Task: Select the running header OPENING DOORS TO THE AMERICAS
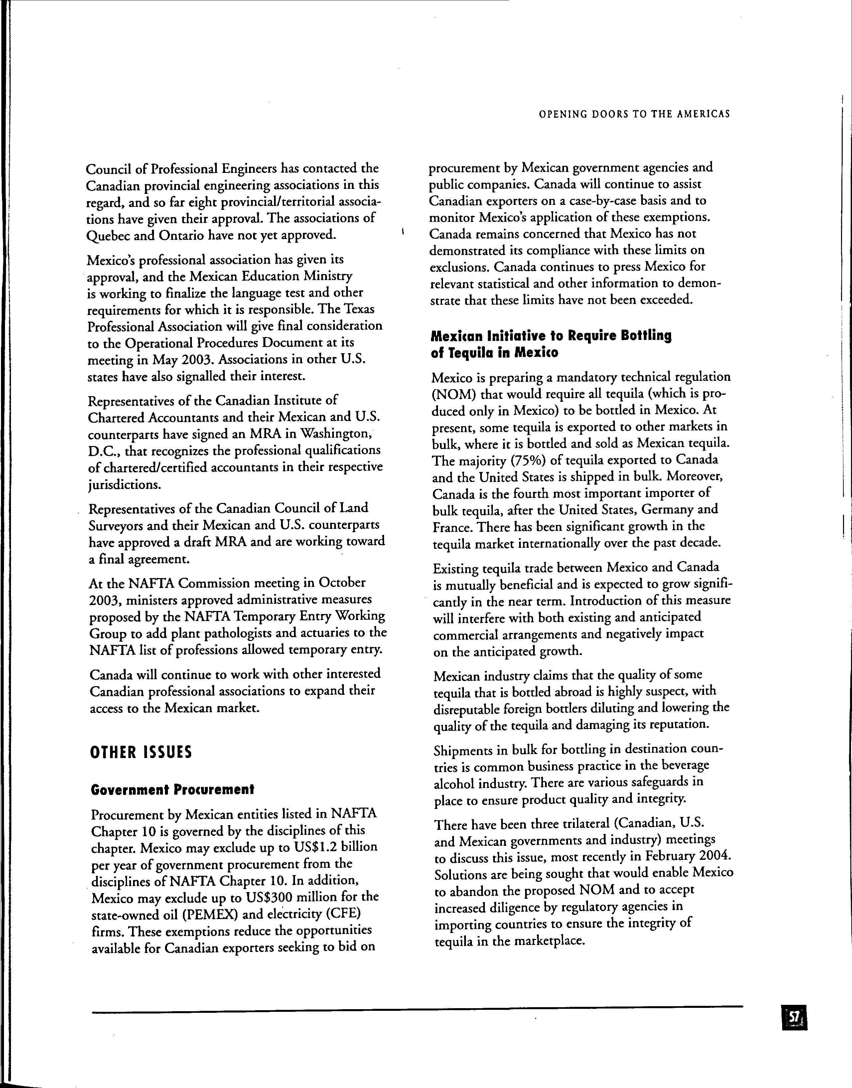634,114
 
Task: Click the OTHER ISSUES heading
141,752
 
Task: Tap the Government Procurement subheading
173,790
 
